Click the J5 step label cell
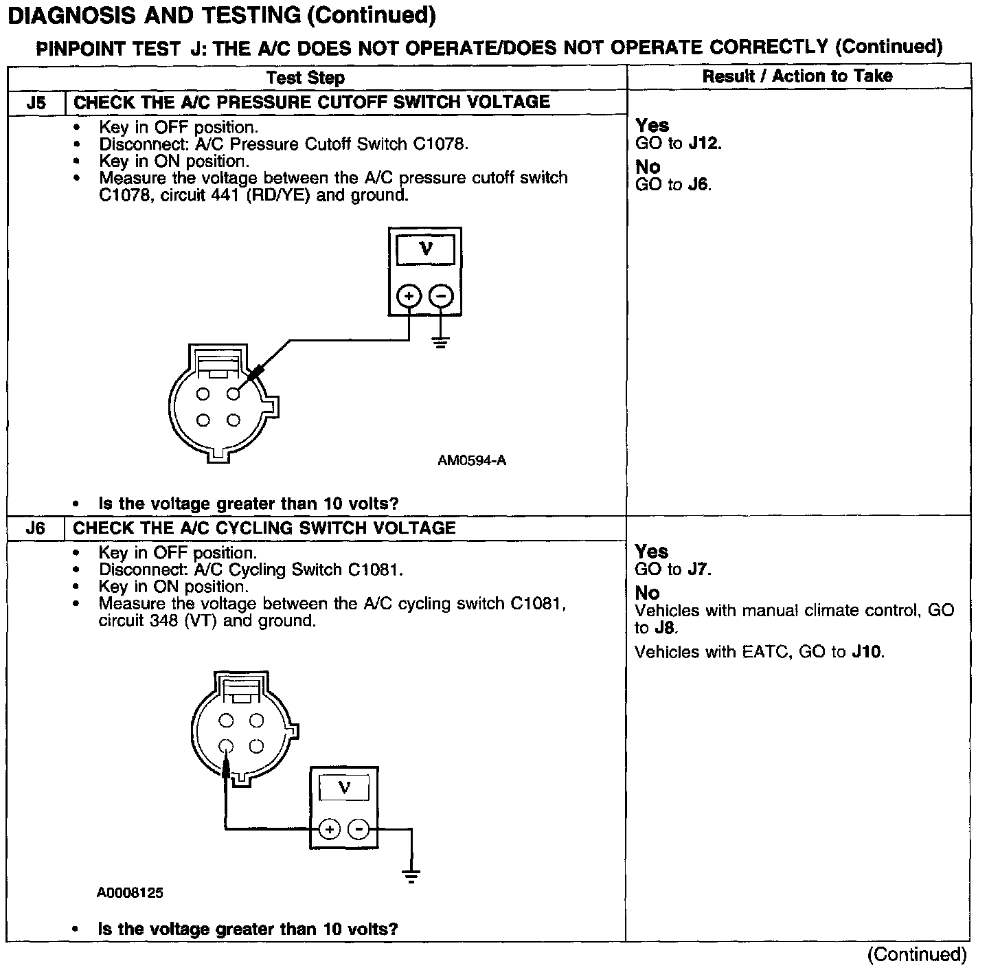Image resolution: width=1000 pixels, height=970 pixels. click(x=36, y=103)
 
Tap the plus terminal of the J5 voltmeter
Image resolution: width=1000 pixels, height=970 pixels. click(x=409, y=296)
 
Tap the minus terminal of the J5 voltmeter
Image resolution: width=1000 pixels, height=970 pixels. click(x=441, y=296)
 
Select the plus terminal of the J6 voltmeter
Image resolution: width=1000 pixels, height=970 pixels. click(x=330, y=829)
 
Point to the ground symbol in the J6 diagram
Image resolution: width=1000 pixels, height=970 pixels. click(x=411, y=875)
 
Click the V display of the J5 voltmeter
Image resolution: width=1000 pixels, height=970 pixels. click(x=425, y=249)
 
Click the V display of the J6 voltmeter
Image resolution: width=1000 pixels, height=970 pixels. click(x=344, y=788)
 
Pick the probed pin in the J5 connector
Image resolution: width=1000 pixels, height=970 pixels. click(x=234, y=394)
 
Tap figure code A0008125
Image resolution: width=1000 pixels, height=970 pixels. click(x=130, y=893)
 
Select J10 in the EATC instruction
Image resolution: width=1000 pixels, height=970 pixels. click(x=867, y=652)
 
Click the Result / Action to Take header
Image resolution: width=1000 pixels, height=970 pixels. click(x=797, y=76)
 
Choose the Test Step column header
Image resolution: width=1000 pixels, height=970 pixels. click(x=306, y=78)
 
